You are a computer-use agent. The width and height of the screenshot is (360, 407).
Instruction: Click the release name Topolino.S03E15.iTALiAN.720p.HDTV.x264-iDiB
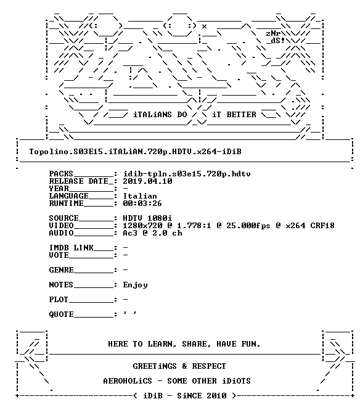pos(135,152)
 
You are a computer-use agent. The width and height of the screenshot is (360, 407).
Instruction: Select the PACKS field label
pos(61,174)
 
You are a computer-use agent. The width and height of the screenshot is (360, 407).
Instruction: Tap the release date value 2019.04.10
pos(147,181)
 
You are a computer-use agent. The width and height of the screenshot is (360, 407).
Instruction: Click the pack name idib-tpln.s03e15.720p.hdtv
pos(187,174)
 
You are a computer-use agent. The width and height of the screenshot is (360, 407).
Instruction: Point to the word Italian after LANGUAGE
pos(140,196)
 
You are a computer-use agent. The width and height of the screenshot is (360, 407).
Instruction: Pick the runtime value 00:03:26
pos(142,203)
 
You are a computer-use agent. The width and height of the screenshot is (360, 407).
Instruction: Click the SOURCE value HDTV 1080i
pos(147,218)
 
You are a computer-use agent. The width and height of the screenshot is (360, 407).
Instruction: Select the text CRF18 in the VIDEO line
pos(322,226)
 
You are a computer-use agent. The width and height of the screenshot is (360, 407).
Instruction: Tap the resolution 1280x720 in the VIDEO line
pos(142,226)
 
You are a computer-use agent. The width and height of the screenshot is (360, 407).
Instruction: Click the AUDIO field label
pos(61,233)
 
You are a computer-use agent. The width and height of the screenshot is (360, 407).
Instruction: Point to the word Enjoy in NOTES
pos(135,285)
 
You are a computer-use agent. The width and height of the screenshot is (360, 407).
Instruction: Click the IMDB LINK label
pos(71,248)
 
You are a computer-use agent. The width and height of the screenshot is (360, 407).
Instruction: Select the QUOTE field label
pos(61,314)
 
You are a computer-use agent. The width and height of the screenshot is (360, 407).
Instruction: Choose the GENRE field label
pos(61,270)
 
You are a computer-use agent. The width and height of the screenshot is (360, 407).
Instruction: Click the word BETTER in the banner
pos(242,115)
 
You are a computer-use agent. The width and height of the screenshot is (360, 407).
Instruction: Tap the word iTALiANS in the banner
pos(153,115)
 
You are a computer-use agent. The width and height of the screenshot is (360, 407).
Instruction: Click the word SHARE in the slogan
pos(194,344)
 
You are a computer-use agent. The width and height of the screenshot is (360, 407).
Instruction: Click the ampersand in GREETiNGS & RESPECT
pos(184,366)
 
